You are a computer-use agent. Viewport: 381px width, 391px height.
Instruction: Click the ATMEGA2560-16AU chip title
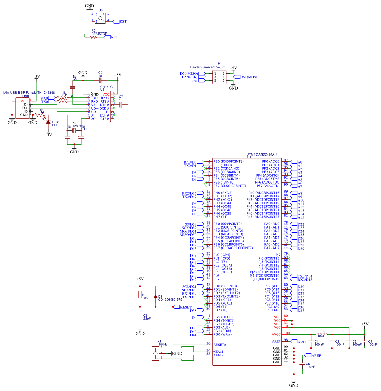(x=262, y=155)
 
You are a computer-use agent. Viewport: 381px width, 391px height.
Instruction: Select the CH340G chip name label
(x=106, y=87)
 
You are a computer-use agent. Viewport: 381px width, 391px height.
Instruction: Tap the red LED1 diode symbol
(x=48, y=122)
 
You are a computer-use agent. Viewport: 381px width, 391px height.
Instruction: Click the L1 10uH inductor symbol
(x=321, y=334)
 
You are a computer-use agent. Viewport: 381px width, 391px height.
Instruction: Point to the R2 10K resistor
(x=140, y=295)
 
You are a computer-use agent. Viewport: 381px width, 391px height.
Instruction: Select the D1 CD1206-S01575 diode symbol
(x=155, y=296)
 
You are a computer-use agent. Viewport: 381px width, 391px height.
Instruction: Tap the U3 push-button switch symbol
(x=100, y=18)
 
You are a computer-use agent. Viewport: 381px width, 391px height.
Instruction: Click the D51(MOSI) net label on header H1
(x=249, y=77)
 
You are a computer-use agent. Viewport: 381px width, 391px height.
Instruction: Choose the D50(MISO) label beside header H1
(x=189, y=74)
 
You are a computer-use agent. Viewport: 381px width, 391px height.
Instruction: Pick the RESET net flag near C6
(x=185, y=307)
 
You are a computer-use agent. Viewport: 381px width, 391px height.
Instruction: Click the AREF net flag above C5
(x=316, y=355)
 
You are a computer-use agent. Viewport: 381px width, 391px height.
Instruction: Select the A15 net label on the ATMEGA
(x=301, y=217)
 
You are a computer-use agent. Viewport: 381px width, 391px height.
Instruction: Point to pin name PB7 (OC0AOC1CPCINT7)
(x=233, y=248)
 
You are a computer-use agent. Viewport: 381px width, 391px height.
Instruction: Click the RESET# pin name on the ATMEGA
(x=220, y=345)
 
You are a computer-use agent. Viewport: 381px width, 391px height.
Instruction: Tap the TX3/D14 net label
(x=305, y=276)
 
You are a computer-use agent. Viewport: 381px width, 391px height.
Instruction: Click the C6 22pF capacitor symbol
(x=140, y=315)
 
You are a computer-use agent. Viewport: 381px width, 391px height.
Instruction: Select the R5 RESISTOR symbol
(x=93, y=37)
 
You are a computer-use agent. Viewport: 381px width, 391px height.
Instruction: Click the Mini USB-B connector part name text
(x=29, y=93)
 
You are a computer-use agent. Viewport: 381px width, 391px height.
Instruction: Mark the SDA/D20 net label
(x=189, y=290)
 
